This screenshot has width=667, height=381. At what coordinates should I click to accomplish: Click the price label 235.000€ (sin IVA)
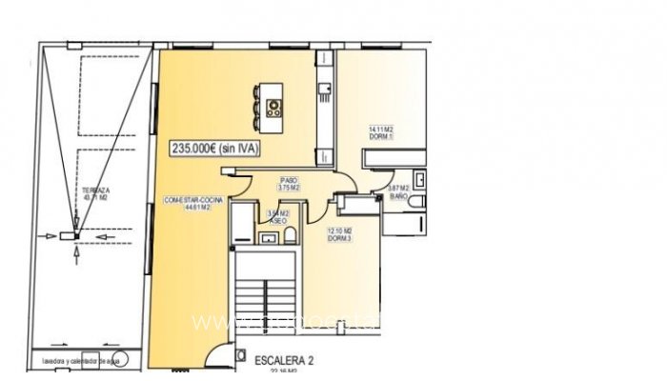pos(214,148)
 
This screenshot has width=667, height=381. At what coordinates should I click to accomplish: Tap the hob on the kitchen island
pos(274,107)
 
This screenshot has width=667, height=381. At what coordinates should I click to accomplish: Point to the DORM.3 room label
pos(340,234)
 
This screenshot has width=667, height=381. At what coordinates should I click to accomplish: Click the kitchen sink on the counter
pos(325,91)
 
